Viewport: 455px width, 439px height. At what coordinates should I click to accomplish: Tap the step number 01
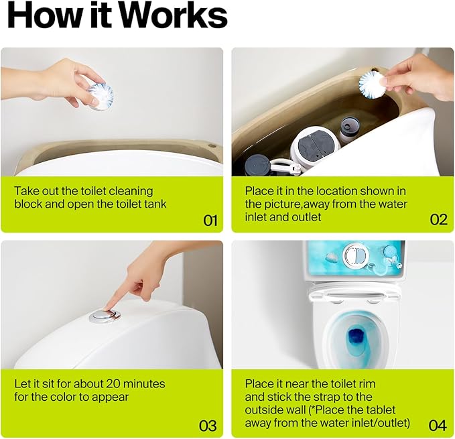pyautogui.click(x=210, y=221)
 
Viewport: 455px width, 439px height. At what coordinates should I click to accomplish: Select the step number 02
pyautogui.click(x=438, y=220)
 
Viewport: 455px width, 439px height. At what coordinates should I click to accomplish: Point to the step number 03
pyautogui.click(x=208, y=426)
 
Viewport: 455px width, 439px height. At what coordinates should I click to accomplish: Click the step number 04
pyautogui.click(x=438, y=426)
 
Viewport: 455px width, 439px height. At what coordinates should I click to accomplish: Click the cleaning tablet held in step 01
pyautogui.click(x=101, y=97)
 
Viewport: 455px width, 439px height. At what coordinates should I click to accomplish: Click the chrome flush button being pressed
pyautogui.click(x=105, y=316)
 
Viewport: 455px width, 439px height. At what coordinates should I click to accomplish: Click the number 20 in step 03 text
pyautogui.click(x=113, y=384)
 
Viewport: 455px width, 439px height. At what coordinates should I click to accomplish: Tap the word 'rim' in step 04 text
pyautogui.click(x=368, y=384)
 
